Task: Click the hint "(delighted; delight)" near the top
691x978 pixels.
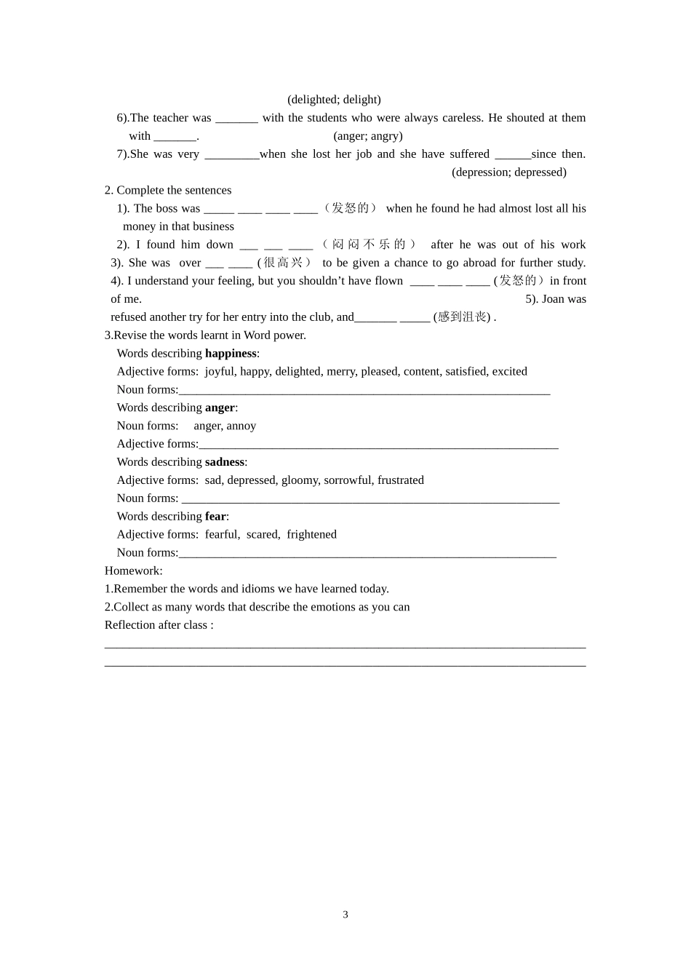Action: (x=334, y=100)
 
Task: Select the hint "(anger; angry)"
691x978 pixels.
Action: (x=367, y=136)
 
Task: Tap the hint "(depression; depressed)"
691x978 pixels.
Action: (x=508, y=172)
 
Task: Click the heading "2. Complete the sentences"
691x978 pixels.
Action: (x=168, y=191)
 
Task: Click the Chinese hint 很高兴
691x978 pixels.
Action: (x=283, y=263)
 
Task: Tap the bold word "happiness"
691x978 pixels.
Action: (x=231, y=354)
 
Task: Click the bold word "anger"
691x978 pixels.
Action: (x=220, y=408)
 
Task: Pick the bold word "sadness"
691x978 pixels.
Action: (x=224, y=462)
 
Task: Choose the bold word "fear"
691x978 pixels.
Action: (x=215, y=517)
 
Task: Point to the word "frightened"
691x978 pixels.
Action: (x=311, y=535)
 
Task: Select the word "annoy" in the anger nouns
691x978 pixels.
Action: (x=241, y=426)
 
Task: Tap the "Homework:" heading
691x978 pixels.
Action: (x=134, y=571)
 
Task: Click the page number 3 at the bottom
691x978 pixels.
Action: (x=345, y=915)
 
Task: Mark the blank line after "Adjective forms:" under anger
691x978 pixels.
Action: (x=378, y=445)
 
